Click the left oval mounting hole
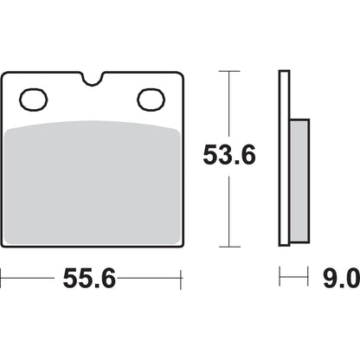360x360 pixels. coord(35,99)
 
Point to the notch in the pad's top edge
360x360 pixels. coord(93,81)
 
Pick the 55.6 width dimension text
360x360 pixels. coord(90,279)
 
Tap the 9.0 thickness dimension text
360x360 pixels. coord(338,279)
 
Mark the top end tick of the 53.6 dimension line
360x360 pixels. coord(228,73)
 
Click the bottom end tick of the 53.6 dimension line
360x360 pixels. coord(228,246)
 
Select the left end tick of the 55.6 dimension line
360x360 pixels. coord(3,279)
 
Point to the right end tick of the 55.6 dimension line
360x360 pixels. coord(180,279)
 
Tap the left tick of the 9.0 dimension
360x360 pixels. coord(280,279)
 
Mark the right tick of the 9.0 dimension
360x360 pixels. coord(309,279)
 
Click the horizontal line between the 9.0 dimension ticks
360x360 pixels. coord(294,279)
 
